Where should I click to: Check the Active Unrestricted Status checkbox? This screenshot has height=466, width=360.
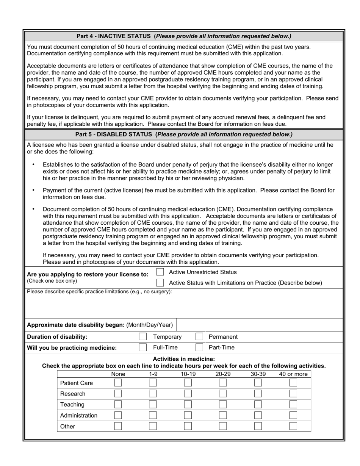point(160,272)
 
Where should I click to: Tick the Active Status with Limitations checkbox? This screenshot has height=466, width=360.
point(160,283)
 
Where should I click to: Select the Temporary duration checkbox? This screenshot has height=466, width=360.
point(143,336)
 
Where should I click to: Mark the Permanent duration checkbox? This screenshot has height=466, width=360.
point(199,336)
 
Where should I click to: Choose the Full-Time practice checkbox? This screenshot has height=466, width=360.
point(143,347)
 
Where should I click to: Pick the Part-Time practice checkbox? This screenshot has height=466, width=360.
point(199,347)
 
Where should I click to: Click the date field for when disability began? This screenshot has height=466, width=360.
point(259,325)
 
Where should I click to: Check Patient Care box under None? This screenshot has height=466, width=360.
point(118,383)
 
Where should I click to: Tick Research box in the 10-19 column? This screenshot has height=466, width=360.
point(188,394)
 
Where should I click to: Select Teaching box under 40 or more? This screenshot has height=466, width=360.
point(293,404)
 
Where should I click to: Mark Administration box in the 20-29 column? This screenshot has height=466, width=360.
point(223,415)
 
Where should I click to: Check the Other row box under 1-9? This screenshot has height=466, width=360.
point(153,426)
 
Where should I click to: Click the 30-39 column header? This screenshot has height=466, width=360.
point(258,374)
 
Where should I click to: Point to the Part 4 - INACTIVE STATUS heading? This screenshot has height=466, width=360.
point(184,36)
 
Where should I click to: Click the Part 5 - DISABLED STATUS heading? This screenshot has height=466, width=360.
point(184,134)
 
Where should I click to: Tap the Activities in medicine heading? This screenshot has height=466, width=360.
point(184,359)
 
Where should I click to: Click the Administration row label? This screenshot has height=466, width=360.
point(79,415)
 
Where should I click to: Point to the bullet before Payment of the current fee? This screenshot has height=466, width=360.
point(34,190)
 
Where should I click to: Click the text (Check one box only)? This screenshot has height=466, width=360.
point(52,281)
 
